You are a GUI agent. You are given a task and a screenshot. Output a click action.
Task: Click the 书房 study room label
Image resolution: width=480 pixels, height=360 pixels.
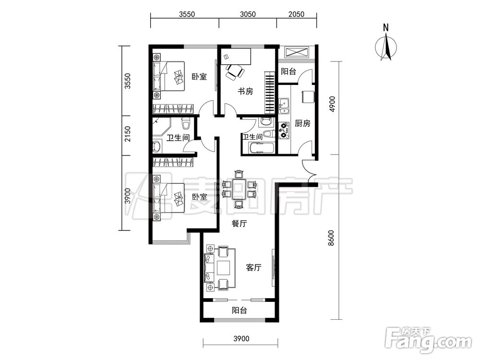[x=245, y=91]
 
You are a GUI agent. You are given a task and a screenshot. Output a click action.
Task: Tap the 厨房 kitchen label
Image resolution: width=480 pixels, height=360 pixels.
[x=302, y=123]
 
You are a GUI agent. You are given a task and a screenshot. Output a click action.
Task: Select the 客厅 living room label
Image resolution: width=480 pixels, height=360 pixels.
[x=254, y=267]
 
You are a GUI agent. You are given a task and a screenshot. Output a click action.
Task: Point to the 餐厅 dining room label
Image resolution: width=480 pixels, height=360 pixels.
[x=239, y=224]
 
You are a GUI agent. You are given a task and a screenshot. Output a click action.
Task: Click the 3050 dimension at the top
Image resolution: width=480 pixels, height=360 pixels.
[x=248, y=14]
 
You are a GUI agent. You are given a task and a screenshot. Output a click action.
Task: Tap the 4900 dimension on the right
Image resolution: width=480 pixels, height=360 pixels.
[x=332, y=104]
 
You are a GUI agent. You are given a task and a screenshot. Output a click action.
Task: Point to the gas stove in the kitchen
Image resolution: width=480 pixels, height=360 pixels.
[x=284, y=131]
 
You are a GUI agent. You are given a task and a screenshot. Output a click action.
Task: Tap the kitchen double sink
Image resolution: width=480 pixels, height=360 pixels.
[x=284, y=106]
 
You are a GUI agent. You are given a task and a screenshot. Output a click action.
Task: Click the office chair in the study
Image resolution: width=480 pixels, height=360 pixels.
[x=234, y=72]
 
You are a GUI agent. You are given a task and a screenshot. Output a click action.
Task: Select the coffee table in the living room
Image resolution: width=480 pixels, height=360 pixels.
[x=224, y=268]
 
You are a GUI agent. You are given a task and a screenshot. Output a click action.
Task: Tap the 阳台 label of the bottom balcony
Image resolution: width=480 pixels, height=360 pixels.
[x=239, y=311]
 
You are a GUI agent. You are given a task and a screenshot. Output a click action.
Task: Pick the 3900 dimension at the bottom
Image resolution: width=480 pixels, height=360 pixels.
[x=241, y=338]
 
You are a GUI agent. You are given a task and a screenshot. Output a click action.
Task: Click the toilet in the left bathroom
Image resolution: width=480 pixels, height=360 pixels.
[x=185, y=124]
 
